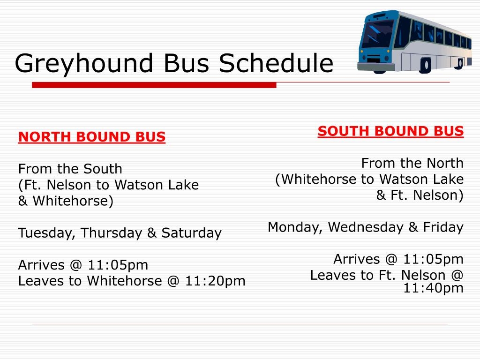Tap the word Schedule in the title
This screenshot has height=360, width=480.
276,63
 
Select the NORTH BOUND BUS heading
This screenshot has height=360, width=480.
92,137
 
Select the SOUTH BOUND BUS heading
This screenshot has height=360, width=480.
390,131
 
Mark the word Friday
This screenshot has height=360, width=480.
443,227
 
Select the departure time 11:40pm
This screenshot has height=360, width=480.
433,288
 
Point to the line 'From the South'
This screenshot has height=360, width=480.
70,169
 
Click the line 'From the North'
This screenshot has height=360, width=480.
412,163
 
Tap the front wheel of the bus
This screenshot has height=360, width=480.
426,65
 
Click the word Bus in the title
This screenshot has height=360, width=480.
187,63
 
